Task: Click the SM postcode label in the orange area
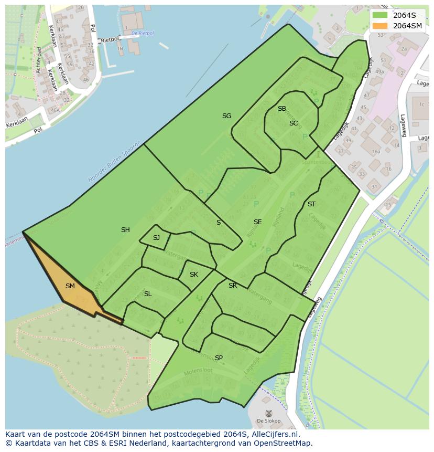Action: [70, 286]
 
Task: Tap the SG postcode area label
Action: [226, 116]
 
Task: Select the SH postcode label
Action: [125, 230]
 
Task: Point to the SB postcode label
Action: [282, 109]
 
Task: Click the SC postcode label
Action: [294, 123]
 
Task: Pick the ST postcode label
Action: [312, 204]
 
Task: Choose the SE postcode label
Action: [257, 222]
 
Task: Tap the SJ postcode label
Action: [156, 238]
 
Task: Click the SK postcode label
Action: [194, 275]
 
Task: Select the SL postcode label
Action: [148, 294]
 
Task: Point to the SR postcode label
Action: [233, 286]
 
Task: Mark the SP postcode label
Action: [219, 358]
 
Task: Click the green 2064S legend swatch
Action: [380, 15]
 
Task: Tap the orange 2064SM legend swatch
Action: [380, 26]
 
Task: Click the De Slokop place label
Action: [268, 421]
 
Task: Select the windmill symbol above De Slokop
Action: [268, 413]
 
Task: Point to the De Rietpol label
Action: [143, 33]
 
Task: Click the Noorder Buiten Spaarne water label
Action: [114, 162]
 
